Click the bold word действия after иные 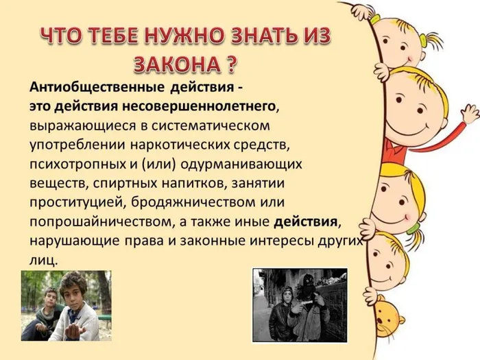tap(306, 222)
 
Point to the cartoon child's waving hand tap(469, 113)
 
